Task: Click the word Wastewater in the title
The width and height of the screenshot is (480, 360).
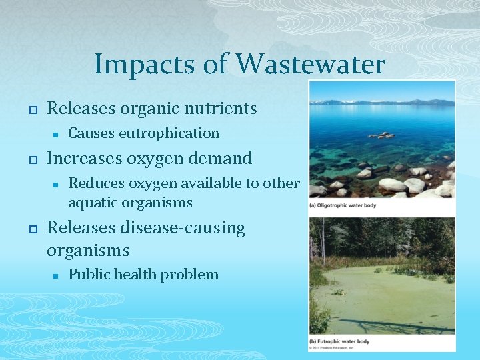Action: pos(311,65)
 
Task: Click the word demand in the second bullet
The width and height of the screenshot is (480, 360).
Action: pos(221,158)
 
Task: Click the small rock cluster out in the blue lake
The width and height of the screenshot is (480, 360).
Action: pos(381,135)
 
